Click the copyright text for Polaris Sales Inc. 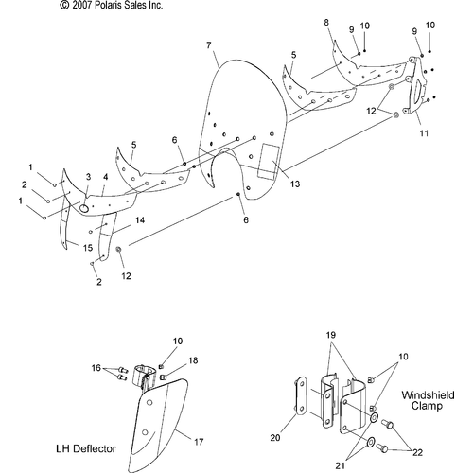coord(112,5)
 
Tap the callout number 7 coord(209,45)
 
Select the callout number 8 coord(326,23)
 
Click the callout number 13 coord(295,184)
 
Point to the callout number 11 coord(424,133)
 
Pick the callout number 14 coord(140,220)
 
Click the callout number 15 coord(88,248)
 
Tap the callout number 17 coord(199,442)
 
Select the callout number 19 coord(331,335)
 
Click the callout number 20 coord(275,438)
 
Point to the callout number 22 coord(417,452)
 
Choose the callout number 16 coord(96,368)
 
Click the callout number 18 coord(193,360)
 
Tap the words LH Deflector coord(86,448)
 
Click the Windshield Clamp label coord(428,400)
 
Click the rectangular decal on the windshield coord(270,161)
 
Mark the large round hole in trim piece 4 coord(84,208)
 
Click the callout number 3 coord(88,177)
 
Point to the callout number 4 coord(105,177)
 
